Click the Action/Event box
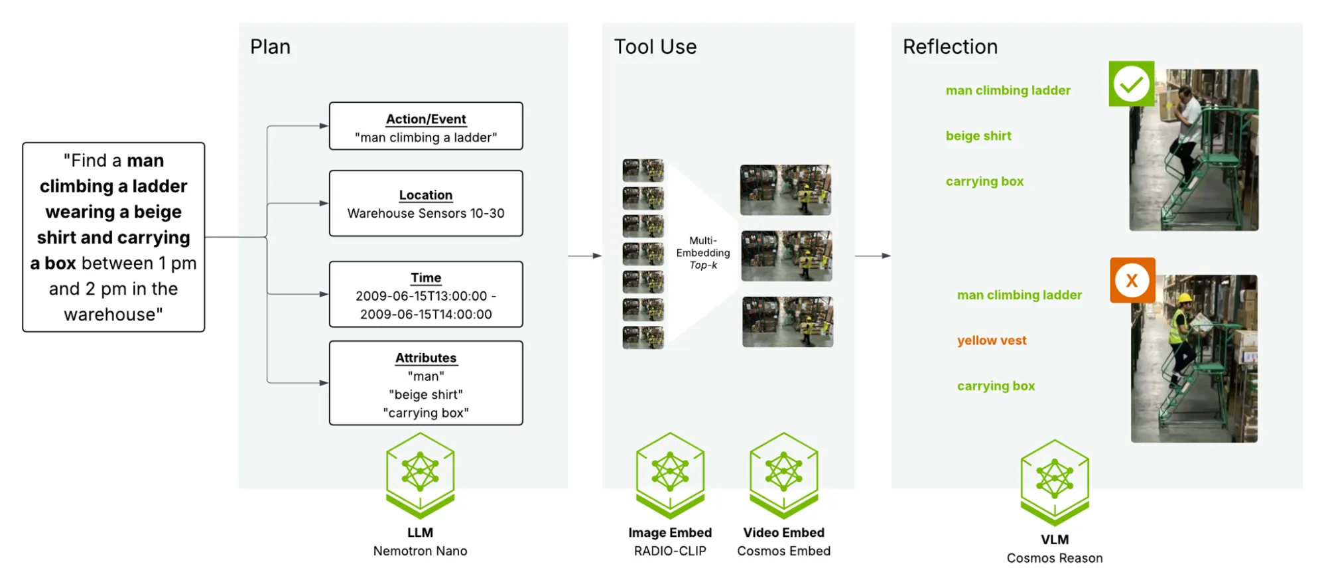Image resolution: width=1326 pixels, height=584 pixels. coord(426,126)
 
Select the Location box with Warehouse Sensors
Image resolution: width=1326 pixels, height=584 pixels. coord(426,203)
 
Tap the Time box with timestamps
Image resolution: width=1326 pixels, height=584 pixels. coord(426,294)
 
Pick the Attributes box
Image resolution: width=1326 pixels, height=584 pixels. coord(426,383)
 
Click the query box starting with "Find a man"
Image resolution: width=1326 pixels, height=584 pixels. coord(113,237)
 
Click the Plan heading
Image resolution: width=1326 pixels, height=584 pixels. coord(270,46)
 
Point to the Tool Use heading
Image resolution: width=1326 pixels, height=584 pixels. coord(655,46)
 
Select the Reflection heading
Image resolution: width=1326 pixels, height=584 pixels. coord(950,46)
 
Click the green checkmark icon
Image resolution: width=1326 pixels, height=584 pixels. coord(1132,84)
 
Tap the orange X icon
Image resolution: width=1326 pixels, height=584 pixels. coord(1132,280)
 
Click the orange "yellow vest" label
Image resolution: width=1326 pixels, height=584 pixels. coord(992,340)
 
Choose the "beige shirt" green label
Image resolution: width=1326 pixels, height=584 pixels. coord(978,136)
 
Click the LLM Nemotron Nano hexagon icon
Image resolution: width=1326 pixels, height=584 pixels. coord(421,475)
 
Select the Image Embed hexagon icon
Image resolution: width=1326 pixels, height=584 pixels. coord(670,475)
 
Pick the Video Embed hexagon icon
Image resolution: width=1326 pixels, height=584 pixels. coord(784,475)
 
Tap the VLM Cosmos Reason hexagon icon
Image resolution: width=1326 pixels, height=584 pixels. coord(1055,482)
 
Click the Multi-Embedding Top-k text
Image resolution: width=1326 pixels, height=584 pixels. coord(703,253)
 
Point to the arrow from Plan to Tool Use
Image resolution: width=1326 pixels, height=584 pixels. coord(585,256)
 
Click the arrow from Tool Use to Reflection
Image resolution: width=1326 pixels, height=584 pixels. coord(873,256)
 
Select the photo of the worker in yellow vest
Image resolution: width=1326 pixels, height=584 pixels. coord(1194,358)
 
